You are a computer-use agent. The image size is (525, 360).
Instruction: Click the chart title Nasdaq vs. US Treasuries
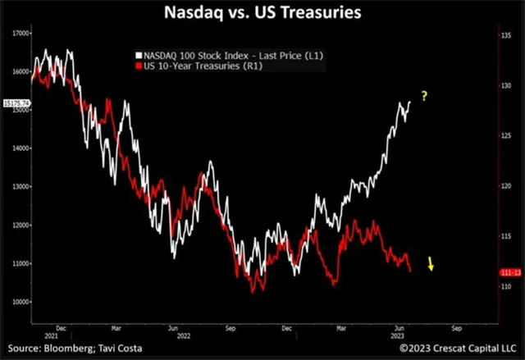[262, 13]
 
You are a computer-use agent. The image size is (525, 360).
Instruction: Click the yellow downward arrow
[431, 263]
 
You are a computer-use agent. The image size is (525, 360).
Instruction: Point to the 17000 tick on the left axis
[20, 34]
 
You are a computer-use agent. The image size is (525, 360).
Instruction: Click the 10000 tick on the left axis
[20, 302]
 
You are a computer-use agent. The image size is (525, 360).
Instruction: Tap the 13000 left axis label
[20, 187]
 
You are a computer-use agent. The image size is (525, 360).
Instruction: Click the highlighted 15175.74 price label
[16, 103]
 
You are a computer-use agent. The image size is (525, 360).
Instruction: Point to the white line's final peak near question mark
[409, 103]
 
